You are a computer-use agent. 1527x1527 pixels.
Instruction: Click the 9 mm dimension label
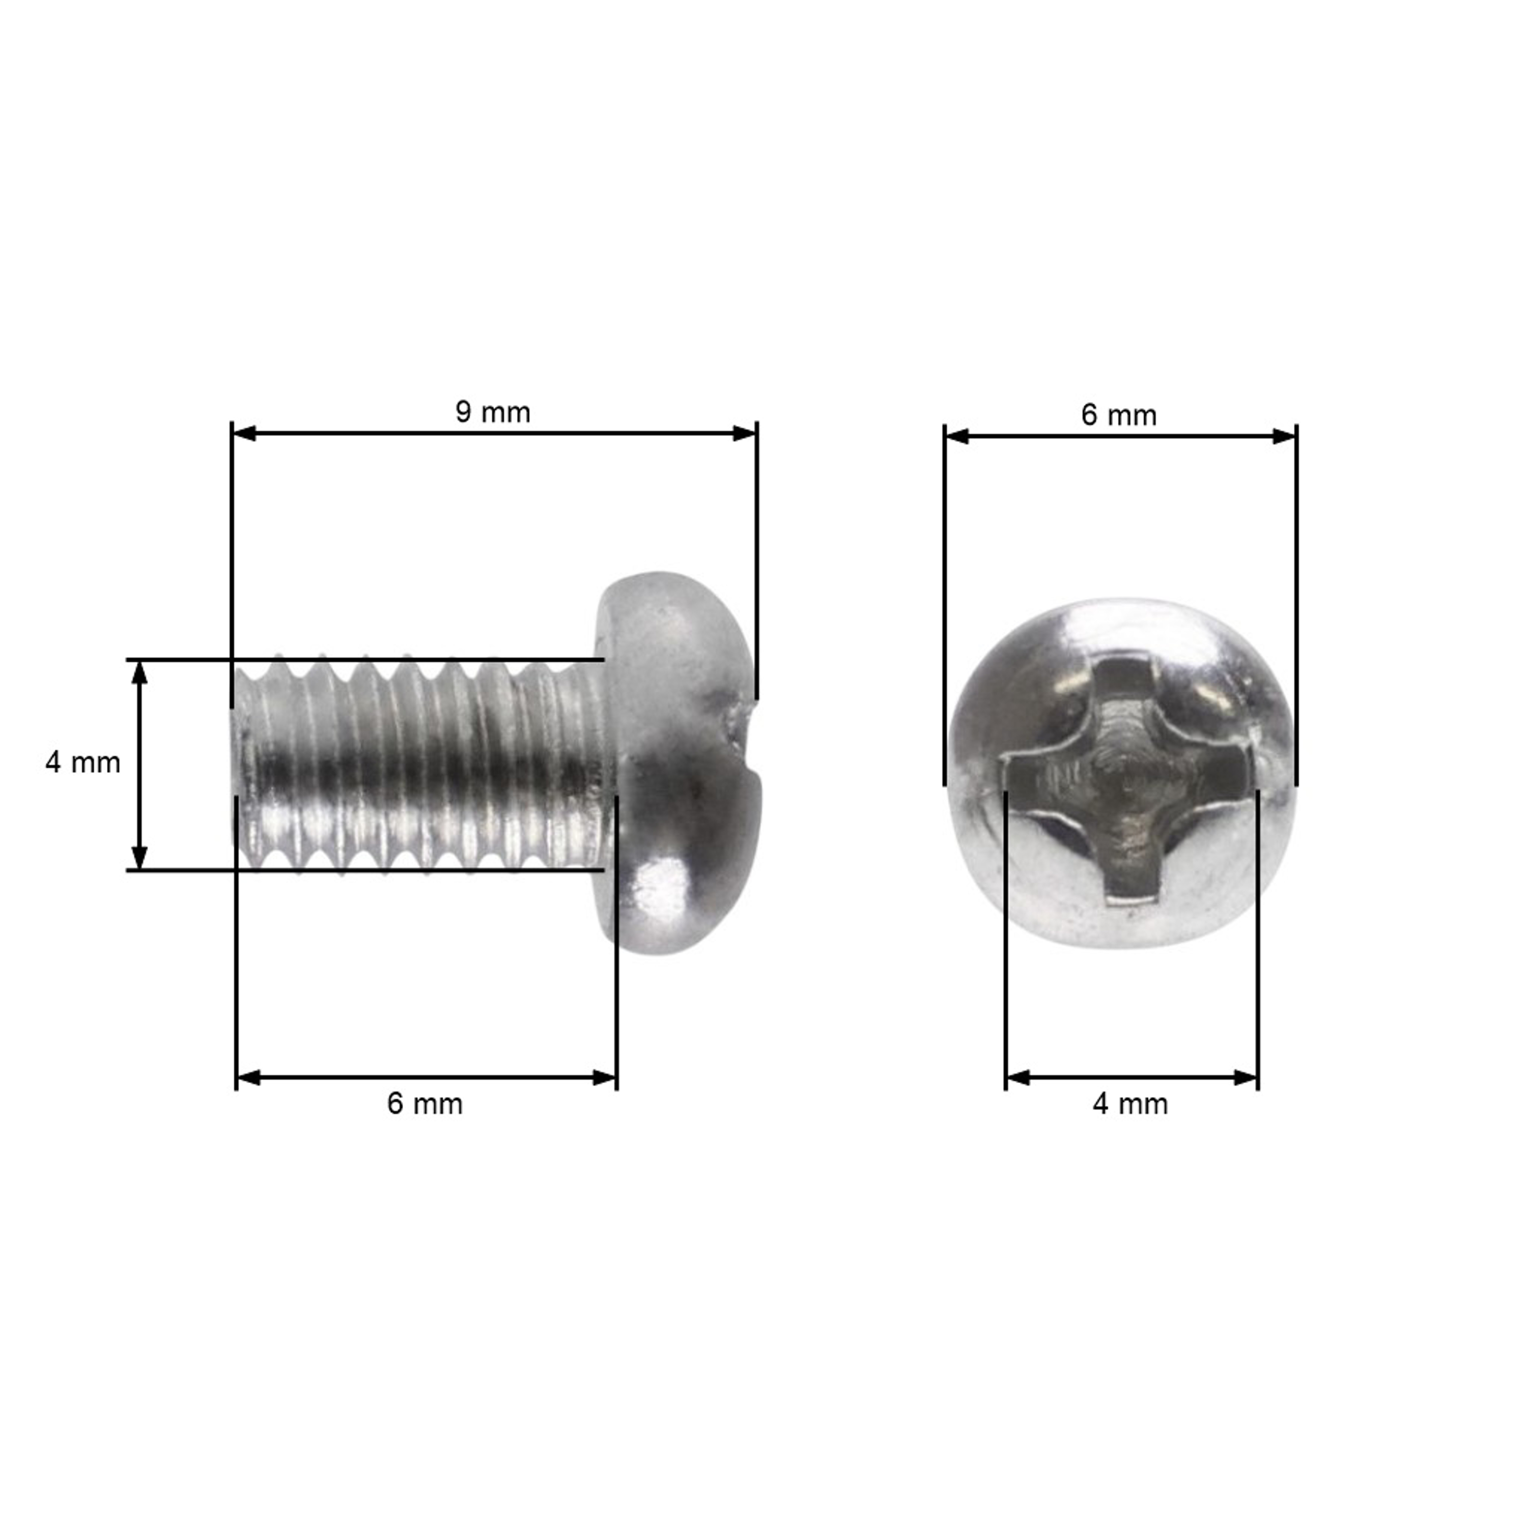(492, 413)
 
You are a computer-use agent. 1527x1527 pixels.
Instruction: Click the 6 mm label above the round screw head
(1118, 416)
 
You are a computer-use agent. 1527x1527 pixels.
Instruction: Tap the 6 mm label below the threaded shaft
(425, 1104)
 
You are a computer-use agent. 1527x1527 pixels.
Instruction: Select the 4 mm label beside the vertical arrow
(83, 762)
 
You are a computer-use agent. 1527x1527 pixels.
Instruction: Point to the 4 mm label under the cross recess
(1130, 1104)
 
